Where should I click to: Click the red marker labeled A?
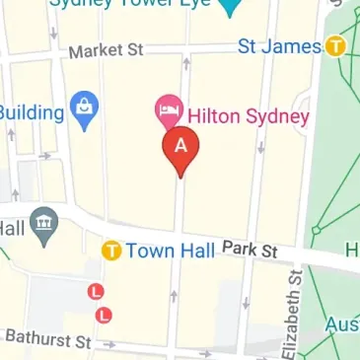pos(180,145)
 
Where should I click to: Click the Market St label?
pos(106,49)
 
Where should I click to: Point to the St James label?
pos(281,45)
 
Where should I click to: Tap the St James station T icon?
pos(335,45)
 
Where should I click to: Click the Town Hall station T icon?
pos(111,251)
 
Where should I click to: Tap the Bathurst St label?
pos(47,340)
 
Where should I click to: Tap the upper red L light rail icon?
pos(96,292)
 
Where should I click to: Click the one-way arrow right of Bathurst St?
pos(109,343)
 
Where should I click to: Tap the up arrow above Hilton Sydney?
pos(185,65)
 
